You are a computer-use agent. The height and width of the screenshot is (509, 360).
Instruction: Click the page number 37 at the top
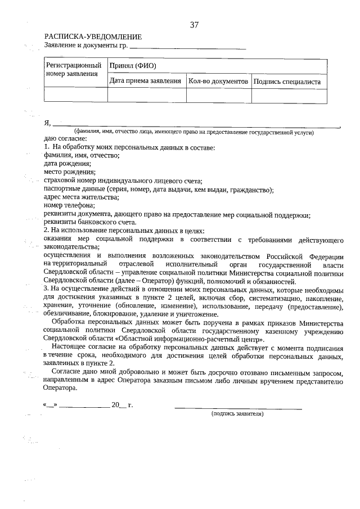click(194, 25)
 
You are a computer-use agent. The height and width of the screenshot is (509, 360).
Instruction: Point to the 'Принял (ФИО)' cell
click(133, 65)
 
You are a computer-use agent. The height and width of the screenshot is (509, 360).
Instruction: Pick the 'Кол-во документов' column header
click(218, 82)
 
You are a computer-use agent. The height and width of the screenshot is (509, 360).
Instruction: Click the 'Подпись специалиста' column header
click(287, 82)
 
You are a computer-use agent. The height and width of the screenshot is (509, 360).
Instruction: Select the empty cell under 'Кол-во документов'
click(218, 96)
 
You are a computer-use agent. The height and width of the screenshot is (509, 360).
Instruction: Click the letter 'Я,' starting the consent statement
click(47, 123)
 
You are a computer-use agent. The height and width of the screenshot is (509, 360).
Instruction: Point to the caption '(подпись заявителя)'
click(237, 413)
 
